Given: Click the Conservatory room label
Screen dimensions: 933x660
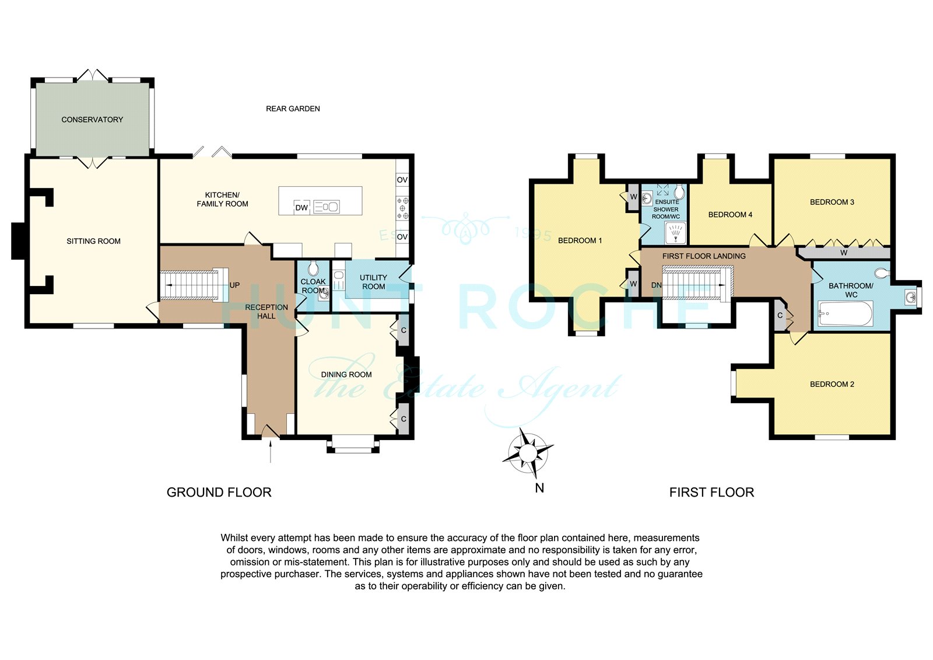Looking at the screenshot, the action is tap(92, 120).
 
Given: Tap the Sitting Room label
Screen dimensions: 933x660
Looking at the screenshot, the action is tap(93, 241).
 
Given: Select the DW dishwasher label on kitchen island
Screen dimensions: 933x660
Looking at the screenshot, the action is tap(301, 208).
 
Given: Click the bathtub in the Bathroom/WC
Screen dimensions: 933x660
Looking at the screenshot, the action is tap(846, 313).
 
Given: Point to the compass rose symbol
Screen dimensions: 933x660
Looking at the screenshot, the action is tap(528, 453).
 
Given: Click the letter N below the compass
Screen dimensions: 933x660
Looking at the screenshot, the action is tap(539, 488).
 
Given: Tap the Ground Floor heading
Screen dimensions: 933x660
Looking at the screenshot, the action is tap(219, 493).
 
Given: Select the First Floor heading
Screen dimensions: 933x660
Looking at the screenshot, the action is tap(711, 493).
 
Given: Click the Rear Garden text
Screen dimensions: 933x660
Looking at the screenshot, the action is tap(293, 109).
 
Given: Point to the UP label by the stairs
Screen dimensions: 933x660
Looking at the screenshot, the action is tap(234, 285).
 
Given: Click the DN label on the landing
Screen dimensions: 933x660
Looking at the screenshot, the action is tap(657, 285).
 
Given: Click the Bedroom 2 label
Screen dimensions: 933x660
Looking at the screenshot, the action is tap(832, 384).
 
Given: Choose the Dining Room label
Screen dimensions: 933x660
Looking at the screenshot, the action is tap(346, 375).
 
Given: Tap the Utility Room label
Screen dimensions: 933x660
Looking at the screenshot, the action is tap(373, 282).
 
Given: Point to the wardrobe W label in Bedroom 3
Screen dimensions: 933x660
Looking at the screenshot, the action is tap(844, 253).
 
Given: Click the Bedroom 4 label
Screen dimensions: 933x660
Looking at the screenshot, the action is tap(730, 215).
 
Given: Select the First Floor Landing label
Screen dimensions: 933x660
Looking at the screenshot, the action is tap(704, 256).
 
